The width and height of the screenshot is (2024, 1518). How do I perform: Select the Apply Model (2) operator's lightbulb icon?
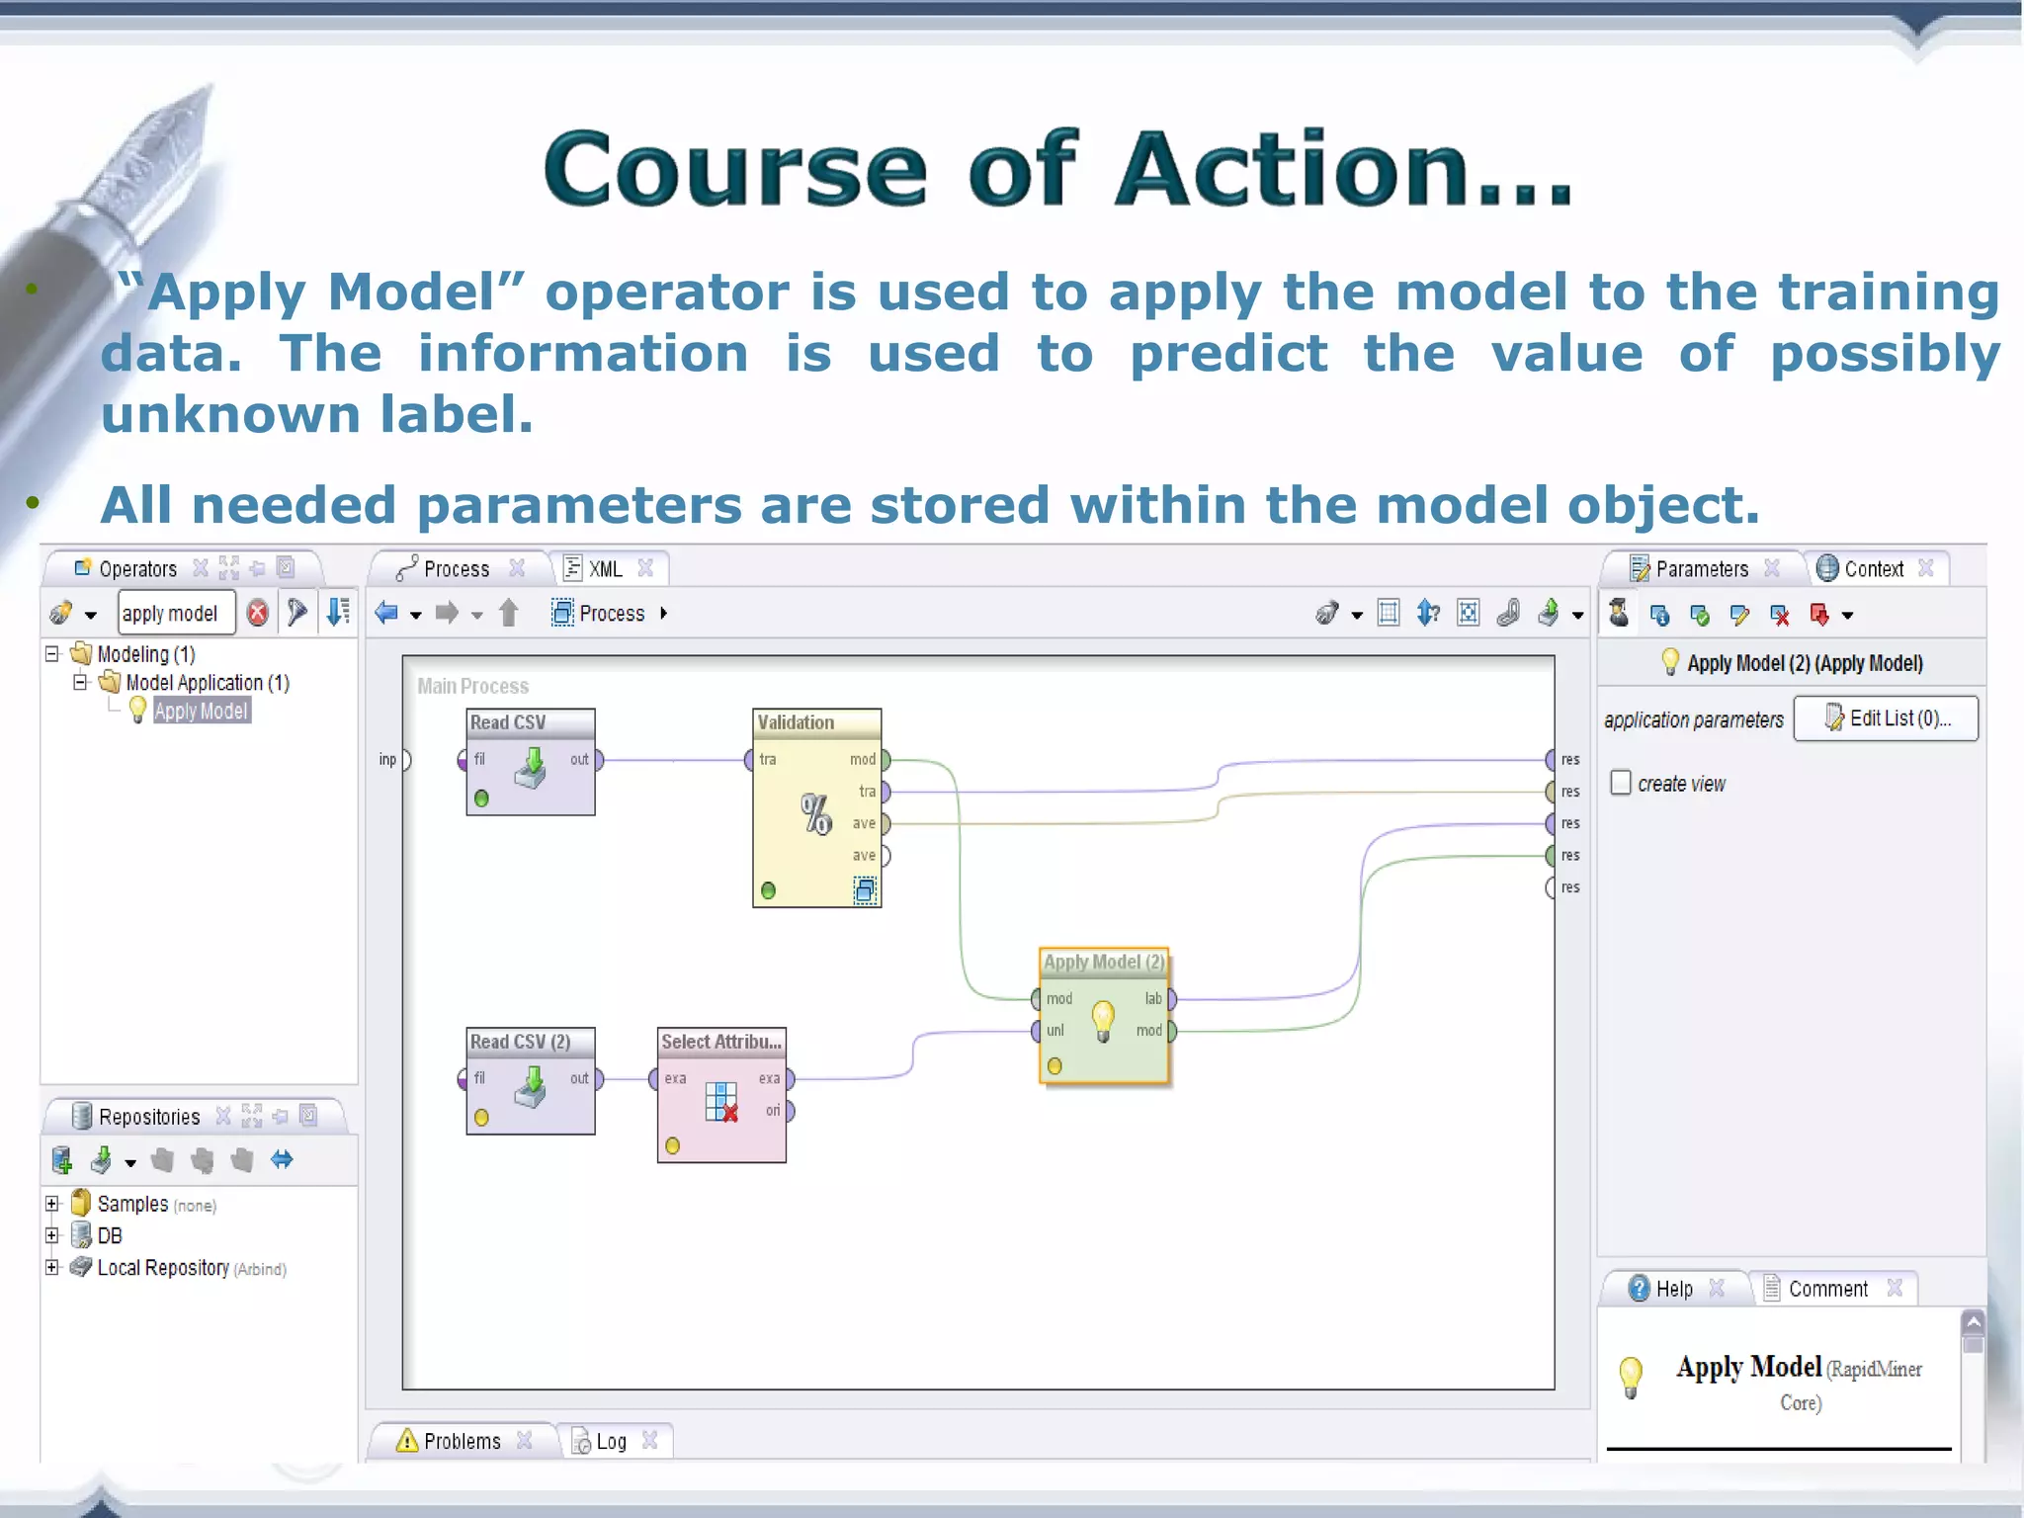tap(1103, 1020)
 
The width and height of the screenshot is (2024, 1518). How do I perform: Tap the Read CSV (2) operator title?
tap(520, 1042)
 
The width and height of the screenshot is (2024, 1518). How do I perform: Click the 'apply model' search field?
tap(176, 613)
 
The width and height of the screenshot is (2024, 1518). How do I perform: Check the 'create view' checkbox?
tap(1621, 783)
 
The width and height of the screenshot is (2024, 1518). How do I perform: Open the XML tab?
tap(605, 569)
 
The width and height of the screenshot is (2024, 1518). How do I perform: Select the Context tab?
tap(1873, 569)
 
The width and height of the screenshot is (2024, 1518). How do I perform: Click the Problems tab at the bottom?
tap(461, 1441)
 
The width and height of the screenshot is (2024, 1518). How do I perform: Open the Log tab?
tap(611, 1441)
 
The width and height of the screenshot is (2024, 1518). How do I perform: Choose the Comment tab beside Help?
tap(1827, 1289)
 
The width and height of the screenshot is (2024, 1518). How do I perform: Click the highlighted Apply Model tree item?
tap(201, 711)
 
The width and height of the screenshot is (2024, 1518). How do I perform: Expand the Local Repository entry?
tap(52, 1267)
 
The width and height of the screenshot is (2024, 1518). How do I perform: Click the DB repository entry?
tap(109, 1235)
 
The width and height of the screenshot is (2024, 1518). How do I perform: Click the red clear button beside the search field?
tap(258, 613)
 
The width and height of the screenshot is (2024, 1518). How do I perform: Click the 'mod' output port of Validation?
tap(885, 760)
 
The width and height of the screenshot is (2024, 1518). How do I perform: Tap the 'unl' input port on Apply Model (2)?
tap(1036, 1030)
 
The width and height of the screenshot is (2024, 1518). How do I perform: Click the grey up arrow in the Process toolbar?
tap(509, 613)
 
